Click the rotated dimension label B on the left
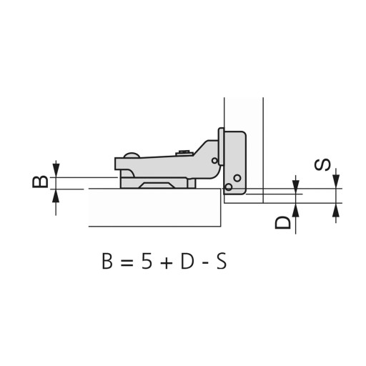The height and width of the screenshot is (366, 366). click(40, 182)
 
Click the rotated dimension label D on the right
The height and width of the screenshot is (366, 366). click(283, 222)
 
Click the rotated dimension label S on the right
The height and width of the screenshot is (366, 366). click(322, 164)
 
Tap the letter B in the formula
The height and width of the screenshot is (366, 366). click(107, 262)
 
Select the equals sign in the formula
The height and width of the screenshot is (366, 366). click(127, 263)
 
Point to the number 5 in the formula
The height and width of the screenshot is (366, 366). click(147, 262)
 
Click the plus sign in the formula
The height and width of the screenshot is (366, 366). click(167, 263)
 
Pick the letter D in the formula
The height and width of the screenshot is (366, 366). click(187, 262)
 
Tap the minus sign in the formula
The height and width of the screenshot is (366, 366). click(204, 264)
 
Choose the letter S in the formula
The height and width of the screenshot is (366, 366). click(222, 262)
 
